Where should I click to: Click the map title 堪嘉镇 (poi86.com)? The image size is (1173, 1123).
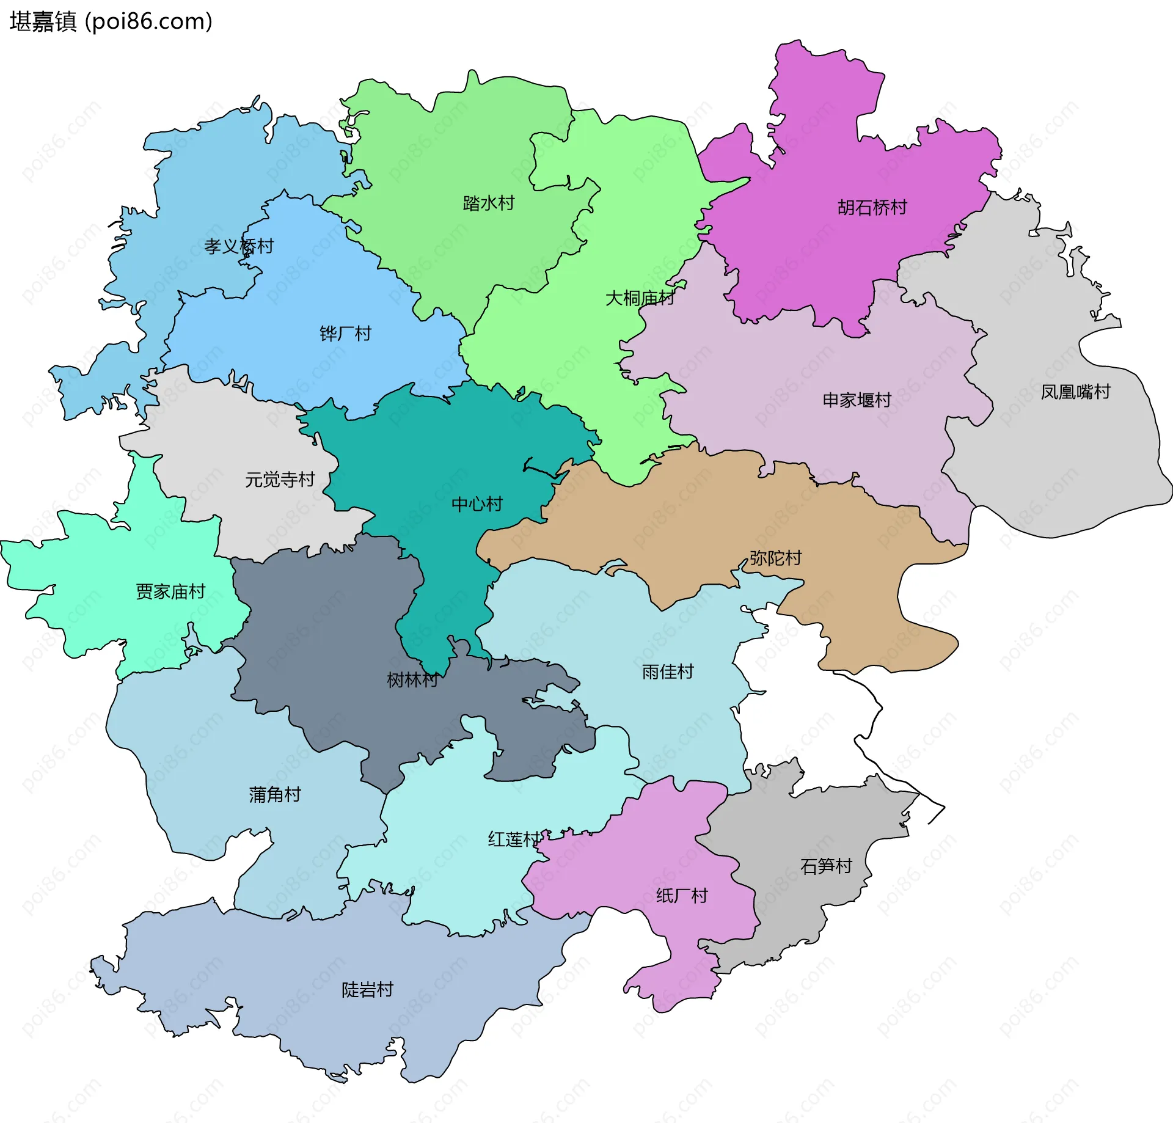click(111, 22)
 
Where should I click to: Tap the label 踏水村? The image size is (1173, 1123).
click(489, 203)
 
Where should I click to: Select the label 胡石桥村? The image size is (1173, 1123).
click(872, 208)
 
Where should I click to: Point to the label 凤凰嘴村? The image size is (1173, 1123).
click(1075, 392)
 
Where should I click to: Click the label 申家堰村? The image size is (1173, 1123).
click(857, 400)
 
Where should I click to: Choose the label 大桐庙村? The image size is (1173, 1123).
click(640, 298)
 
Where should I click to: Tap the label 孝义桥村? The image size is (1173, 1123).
click(239, 246)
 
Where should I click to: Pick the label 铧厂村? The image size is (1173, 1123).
click(345, 334)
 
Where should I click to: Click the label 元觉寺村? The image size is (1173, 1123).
click(280, 480)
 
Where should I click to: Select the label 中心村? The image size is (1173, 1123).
click(477, 504)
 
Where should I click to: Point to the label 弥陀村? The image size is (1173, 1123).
click(775, 558)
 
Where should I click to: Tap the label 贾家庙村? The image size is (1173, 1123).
click(170, 591)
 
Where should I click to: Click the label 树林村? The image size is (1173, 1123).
click(412, 679)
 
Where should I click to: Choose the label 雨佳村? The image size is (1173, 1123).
click(668, 672)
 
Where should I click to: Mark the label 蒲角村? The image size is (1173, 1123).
click(275, 794)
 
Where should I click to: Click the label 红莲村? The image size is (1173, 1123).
click(514, 840)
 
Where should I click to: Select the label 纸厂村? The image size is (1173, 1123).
click(682, 896)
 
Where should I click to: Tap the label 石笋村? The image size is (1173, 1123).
click(826, 866)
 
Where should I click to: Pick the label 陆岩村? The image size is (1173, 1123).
click(367, 990)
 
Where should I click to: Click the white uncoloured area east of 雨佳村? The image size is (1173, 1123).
click(806, 703)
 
